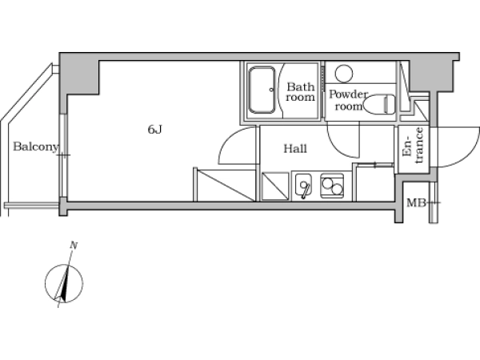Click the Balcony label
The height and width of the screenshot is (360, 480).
[35, 147]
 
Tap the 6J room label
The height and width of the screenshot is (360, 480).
[154, 130]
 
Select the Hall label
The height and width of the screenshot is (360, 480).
[295, 149]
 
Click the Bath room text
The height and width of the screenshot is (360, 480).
[300, 92]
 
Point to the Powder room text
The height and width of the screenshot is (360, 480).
[348, 100]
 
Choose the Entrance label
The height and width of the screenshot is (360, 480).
[414, 146]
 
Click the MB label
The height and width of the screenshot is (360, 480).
[416, 202]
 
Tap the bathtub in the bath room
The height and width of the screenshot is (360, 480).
[262, 90]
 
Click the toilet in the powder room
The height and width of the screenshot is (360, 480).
[380, 104]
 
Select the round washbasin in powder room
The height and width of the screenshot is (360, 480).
[344, 74]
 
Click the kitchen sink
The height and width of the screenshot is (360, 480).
[303, 185]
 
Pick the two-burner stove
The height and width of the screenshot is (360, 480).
[332, 186]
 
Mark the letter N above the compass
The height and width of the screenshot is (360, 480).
[74, 246]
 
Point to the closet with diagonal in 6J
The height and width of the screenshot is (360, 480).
[224, 185]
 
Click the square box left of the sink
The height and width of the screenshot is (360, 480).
[275, 186]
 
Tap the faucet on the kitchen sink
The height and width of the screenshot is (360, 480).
[304, 190]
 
